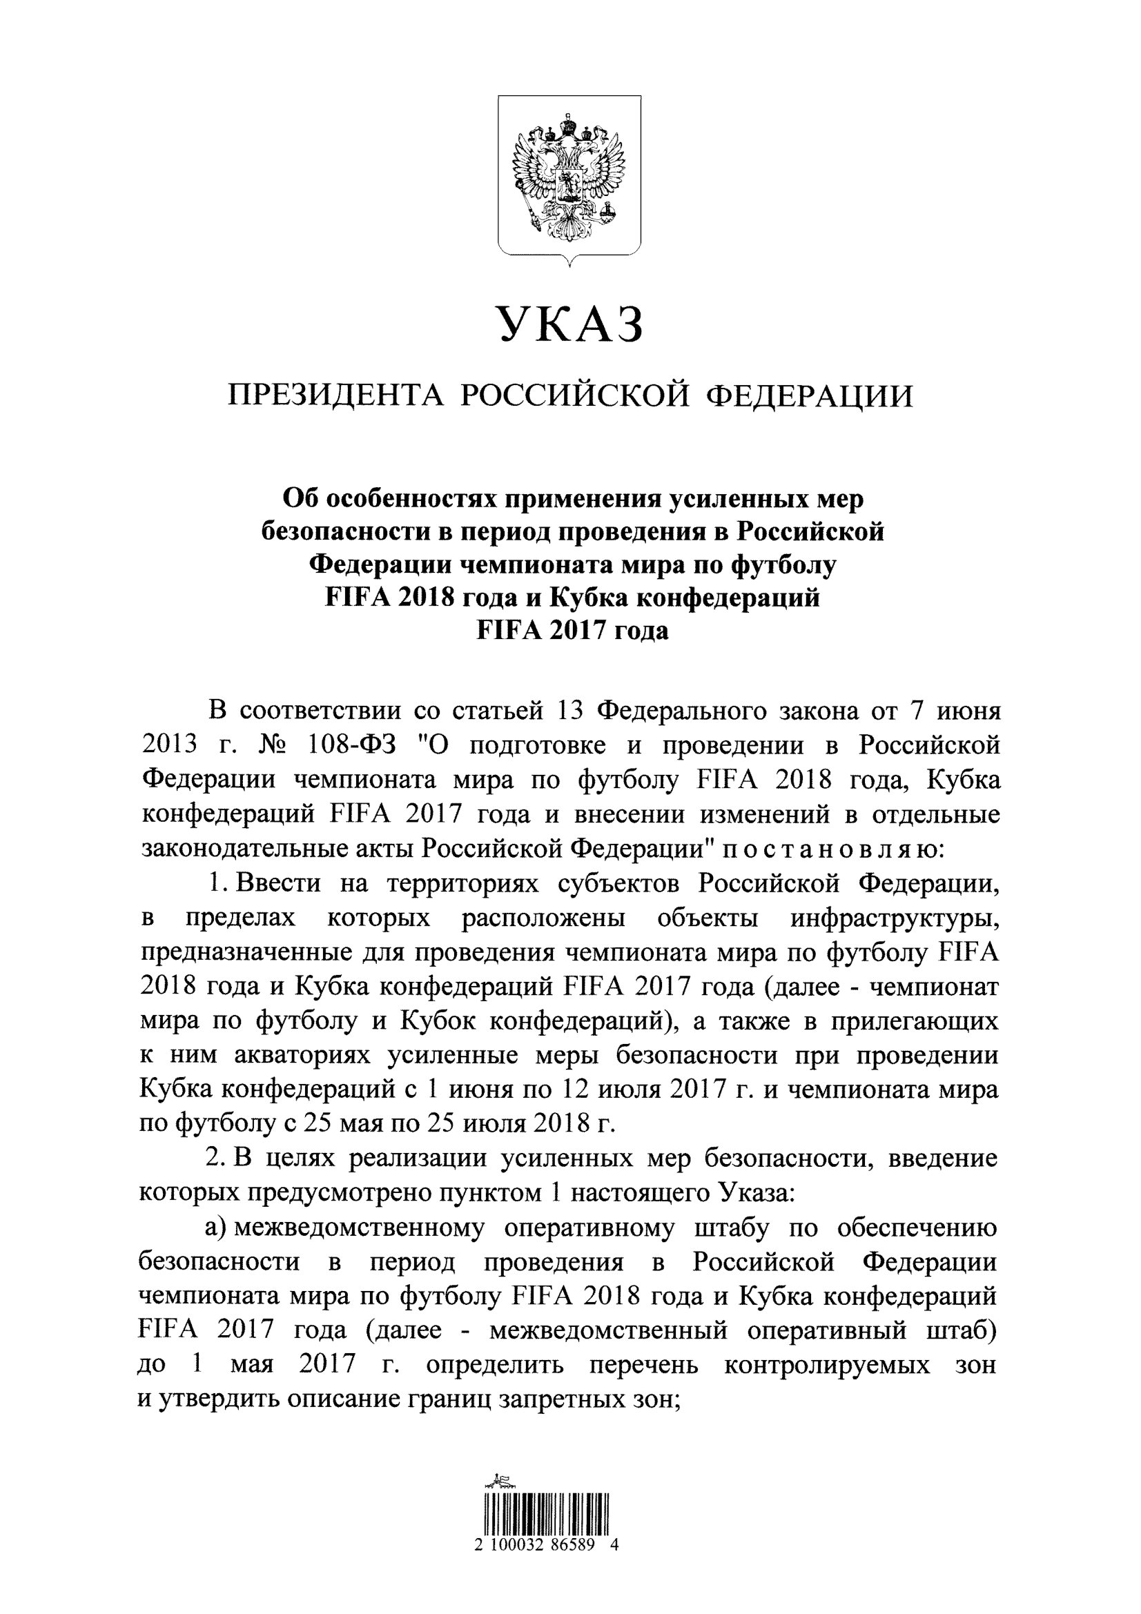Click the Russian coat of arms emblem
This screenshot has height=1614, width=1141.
(x=569, y=181)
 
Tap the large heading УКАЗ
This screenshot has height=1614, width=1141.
(x=570, y=324)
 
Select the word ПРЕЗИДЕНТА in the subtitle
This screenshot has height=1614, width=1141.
(x=335, y=396)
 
